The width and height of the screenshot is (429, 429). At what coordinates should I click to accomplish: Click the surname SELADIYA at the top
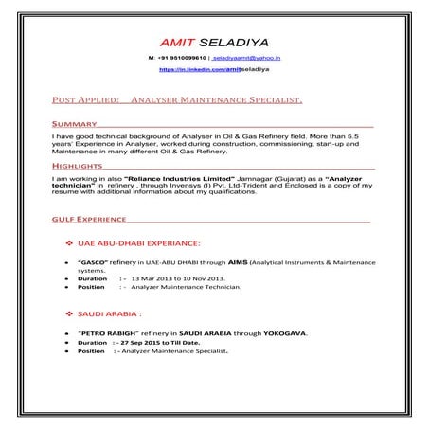[231, 44]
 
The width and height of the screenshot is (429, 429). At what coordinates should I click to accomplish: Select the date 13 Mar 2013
[154, 278]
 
